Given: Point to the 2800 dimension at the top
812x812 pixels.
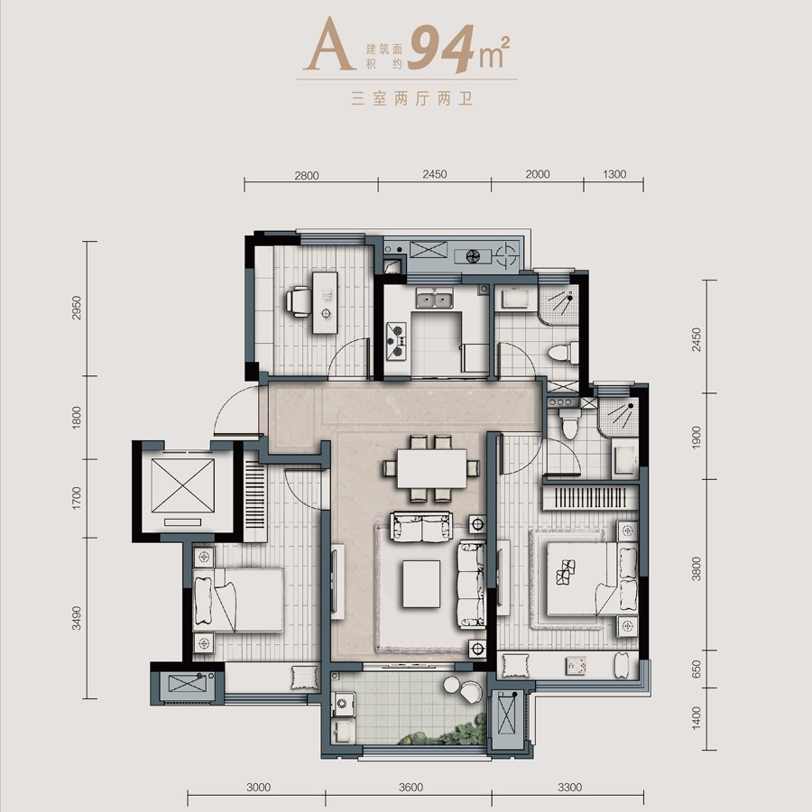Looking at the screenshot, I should click(x=307, y=176).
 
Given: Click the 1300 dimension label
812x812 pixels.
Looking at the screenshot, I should click(x=614, y=176).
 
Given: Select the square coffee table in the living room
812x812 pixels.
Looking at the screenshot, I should click(x=421, y=585).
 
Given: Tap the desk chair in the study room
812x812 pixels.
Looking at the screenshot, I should click(x=298, y=300).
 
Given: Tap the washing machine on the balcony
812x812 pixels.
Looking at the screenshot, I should click(x=342, y=703).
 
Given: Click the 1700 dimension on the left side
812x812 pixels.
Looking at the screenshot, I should click(x=77, y=498).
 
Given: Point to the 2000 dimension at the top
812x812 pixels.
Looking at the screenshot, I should click(x=537, y=176).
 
